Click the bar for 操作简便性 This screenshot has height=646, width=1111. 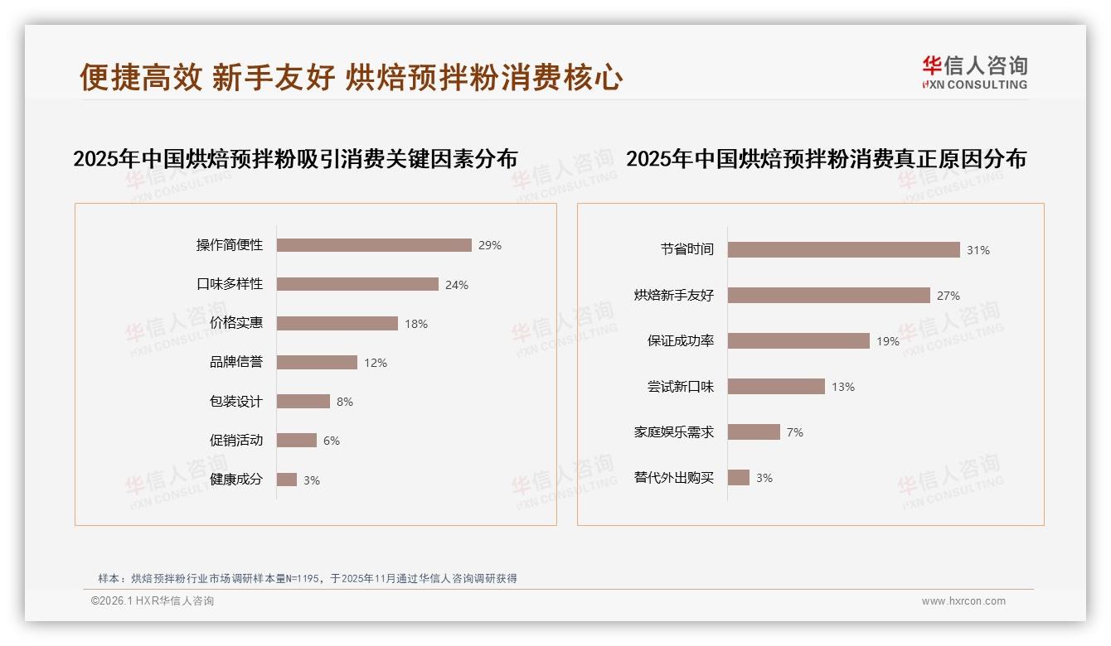(374, 245)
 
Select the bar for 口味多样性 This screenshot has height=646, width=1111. (357, 284)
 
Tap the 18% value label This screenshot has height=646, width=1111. (416, 324)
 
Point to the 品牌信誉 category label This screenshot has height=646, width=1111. (235, 363)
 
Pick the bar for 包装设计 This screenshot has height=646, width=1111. (303, 402)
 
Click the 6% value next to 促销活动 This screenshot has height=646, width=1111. (332, 441)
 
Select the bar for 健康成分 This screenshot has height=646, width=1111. (287, 480)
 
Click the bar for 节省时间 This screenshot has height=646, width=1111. (843, 250)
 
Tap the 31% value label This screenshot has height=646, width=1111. (978, 250)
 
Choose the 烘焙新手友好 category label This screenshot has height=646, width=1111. (673, 296)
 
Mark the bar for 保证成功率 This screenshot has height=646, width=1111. (798, 341)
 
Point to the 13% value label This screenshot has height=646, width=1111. (843, 387)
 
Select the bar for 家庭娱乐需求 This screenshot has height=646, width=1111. (754, 432)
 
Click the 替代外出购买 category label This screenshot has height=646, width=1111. (673, 478)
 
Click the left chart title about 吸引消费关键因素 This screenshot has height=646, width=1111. (295, 159)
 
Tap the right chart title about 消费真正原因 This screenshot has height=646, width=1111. (826, 159)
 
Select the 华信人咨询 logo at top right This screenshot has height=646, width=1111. (974, 73)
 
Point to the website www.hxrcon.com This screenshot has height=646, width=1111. (963, 601)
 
